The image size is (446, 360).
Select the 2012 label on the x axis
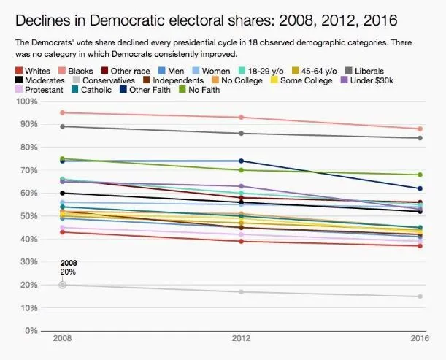241,340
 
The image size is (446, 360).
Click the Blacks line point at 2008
62,112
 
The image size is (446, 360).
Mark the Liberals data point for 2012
241,133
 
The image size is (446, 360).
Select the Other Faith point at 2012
241,161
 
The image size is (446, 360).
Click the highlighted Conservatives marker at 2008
62,285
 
